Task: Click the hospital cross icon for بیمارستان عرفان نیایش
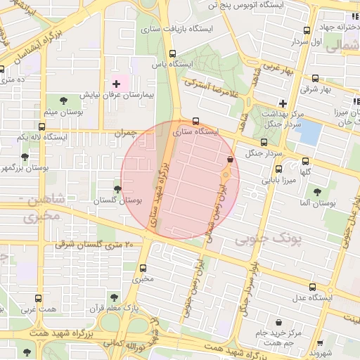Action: [116, 84]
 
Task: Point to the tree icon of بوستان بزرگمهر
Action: [25, 157]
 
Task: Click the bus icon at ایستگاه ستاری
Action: [195, 120]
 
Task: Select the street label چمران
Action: [124, 132]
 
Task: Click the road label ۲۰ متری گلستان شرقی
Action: [94, 245]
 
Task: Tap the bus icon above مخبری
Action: [143, 268]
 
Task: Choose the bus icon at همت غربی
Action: [38, 298]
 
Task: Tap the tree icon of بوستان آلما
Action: [317, 191]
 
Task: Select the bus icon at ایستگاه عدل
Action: [312, 287]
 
